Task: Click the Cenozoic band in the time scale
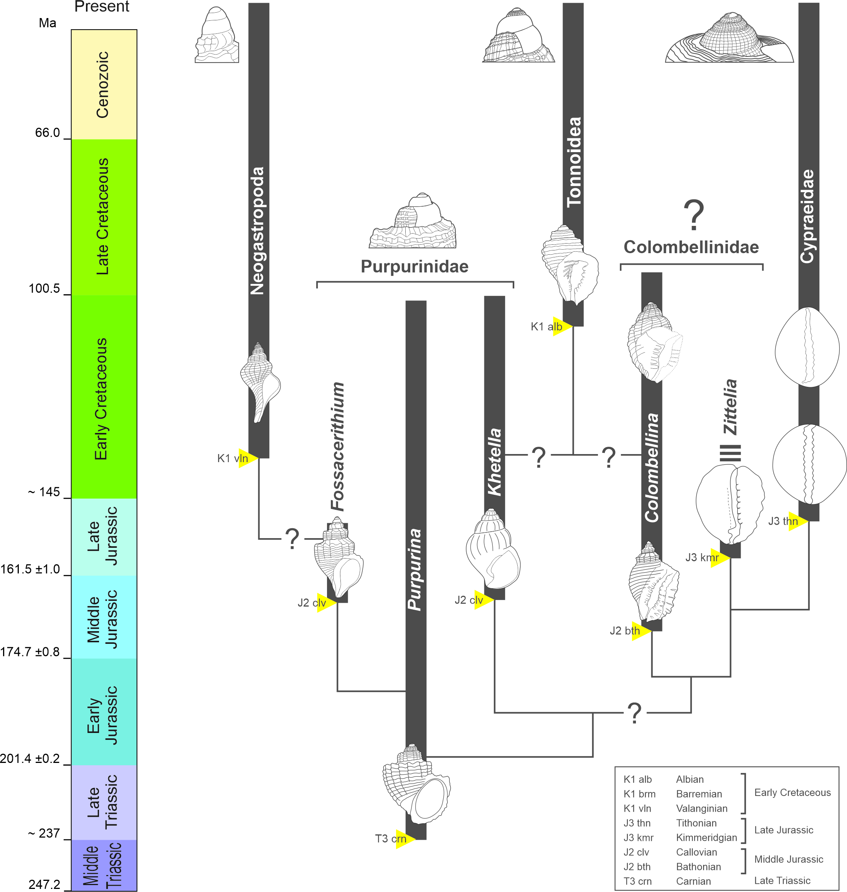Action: (104, 85)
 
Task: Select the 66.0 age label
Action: (48, 133)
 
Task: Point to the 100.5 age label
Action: (44, 289)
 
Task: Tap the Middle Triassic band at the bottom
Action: (104, 865)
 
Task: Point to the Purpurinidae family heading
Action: (414, 267)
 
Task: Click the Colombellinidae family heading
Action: (691, 247)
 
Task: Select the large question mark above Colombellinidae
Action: (693, 216)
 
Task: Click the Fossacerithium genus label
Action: (338, 446)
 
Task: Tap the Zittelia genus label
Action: (730, 407)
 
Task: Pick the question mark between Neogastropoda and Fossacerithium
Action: (292, 539)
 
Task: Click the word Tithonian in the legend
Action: (696, 823)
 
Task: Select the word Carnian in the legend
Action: (693, 881)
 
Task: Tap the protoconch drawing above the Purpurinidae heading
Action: (413, 221)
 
